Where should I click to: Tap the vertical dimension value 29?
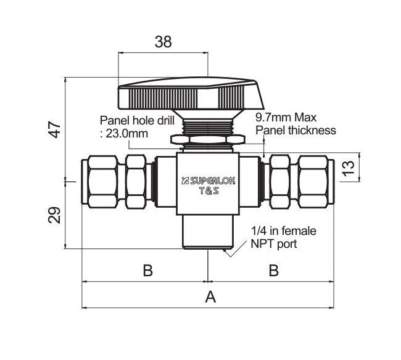(x=56, y=216)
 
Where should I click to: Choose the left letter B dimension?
(x=147, y=271)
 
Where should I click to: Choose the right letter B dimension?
(x=273, y=271)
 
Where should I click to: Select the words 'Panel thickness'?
(x=296, y=130)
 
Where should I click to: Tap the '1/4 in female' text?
(x=284, y=231)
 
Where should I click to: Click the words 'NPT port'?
(x=274, y=244)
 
